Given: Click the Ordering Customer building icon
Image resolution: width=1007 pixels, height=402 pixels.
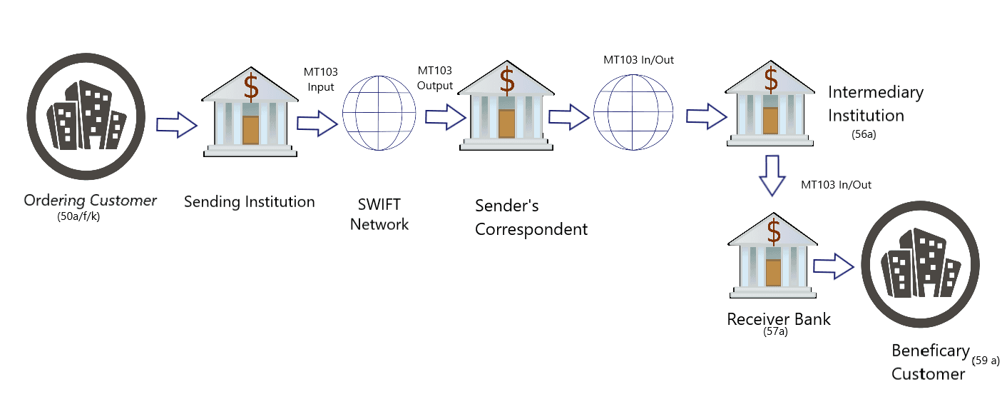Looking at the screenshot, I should (x=86, y=116).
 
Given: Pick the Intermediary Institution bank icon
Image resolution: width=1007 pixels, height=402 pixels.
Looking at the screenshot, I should (x=770, y=109).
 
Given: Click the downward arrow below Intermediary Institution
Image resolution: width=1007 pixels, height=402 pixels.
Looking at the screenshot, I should (x=772, y=176).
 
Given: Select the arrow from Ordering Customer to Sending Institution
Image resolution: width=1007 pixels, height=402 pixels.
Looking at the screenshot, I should (x=176, y=125).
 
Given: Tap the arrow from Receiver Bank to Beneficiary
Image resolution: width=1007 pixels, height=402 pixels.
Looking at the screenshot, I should (x=833, y=267).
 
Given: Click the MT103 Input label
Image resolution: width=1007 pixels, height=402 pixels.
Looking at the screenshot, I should (x=320, y=79).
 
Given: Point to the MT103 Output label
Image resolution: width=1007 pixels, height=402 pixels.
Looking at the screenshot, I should (x=435, y=78).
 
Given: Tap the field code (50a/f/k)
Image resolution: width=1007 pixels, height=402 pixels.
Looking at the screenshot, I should (x=78, y=217).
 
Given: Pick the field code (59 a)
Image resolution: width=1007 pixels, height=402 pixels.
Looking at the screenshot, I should (x=986, y=361).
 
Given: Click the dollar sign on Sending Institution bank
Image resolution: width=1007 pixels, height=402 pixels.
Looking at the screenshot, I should (x=251, y=86).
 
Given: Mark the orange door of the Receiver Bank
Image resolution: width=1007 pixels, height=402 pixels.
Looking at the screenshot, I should (x=773, y=272).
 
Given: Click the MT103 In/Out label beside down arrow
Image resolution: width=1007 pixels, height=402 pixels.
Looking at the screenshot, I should (x=836, y=185).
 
